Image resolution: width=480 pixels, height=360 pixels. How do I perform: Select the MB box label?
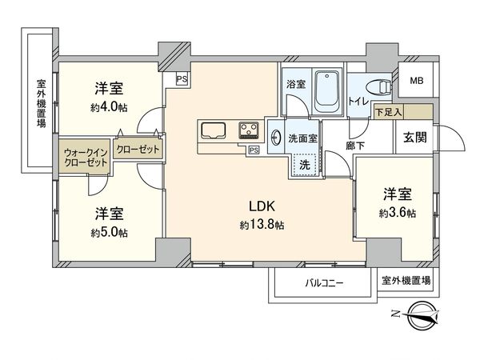(x=418, y=82)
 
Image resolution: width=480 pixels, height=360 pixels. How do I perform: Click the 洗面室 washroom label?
(x=304, y=137)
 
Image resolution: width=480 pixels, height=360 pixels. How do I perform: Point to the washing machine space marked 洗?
(x=304, y=162)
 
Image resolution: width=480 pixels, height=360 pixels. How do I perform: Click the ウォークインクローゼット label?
(x=83, y=156)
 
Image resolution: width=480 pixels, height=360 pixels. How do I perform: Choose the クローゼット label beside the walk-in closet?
(x=138, y=150)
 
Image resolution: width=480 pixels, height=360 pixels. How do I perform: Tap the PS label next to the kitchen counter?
(x=254, y=150)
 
